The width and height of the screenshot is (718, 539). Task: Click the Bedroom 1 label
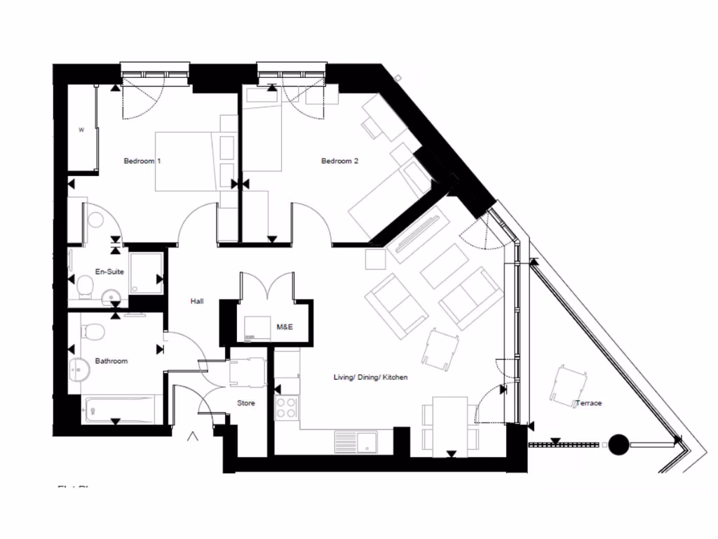click(142, 161)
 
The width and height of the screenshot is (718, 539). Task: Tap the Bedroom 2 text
click(339, 161)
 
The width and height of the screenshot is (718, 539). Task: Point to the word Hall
click(197, 301)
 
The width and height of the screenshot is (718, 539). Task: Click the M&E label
click(285, 327)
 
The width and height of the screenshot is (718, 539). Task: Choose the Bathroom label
click(111, 361)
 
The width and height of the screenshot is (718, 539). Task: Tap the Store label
click(246, 404)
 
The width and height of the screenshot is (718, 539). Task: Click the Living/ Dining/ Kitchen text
click(370, 378)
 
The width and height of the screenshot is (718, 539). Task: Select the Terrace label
click(588, 404)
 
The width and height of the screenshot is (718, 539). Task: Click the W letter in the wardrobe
click(81, 129)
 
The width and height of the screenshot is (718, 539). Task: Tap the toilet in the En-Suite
click(86, 286)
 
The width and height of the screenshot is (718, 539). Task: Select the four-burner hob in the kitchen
click(287, 407)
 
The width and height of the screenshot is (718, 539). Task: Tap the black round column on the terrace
click(618, 444)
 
